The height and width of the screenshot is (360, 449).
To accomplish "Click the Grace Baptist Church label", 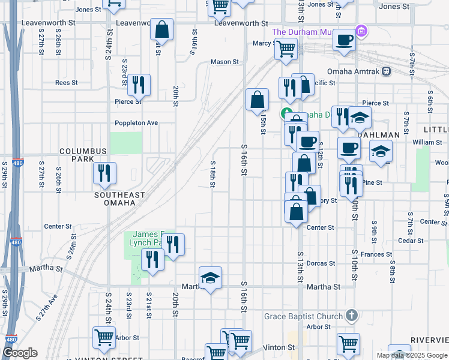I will (x=304, y=316).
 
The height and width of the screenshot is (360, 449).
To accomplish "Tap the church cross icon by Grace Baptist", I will (x=352, y=316).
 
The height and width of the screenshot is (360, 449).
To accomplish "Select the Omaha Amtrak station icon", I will (x=386, y=71).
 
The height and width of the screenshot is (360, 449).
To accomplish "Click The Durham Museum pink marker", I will (x=361, y=30).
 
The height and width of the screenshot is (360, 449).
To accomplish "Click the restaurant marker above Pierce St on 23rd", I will (x=139, y=85).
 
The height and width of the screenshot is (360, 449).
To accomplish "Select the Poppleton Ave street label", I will (x=136, y=123).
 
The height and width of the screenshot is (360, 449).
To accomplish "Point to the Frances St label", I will (x=376, y=254).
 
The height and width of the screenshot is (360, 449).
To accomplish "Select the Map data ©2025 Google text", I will (x=412, y=356).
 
